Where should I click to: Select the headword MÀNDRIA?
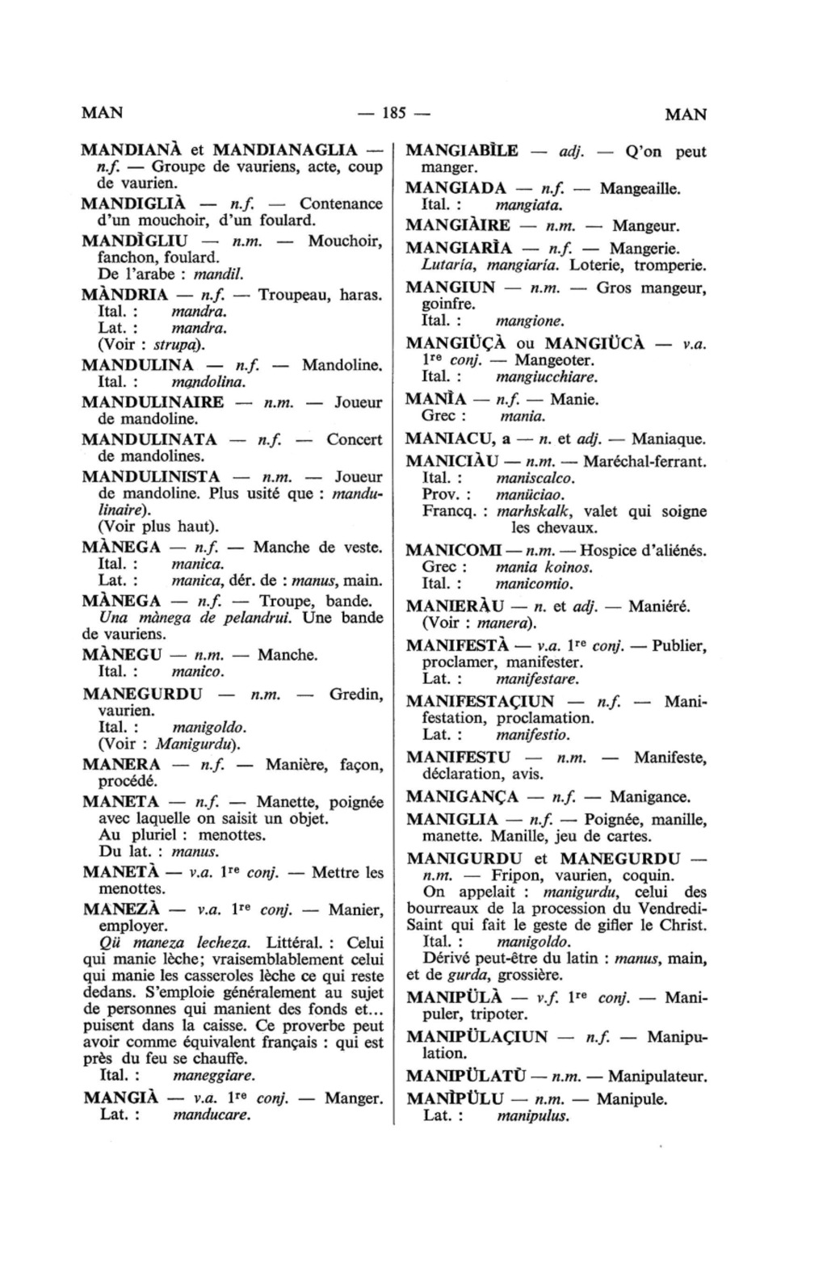click(x=125, y=295)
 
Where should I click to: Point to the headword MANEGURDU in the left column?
click(x=142, y=694)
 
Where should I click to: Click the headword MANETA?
click(x=121, y=802)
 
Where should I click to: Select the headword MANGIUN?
click(x=451, y=288)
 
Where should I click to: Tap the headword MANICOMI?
click(x=453, y=551)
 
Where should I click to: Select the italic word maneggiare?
click(x=214, y=1076)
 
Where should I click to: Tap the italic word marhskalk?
click(x=534, y=511)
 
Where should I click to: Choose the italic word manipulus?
click(x=533, y=1117)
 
